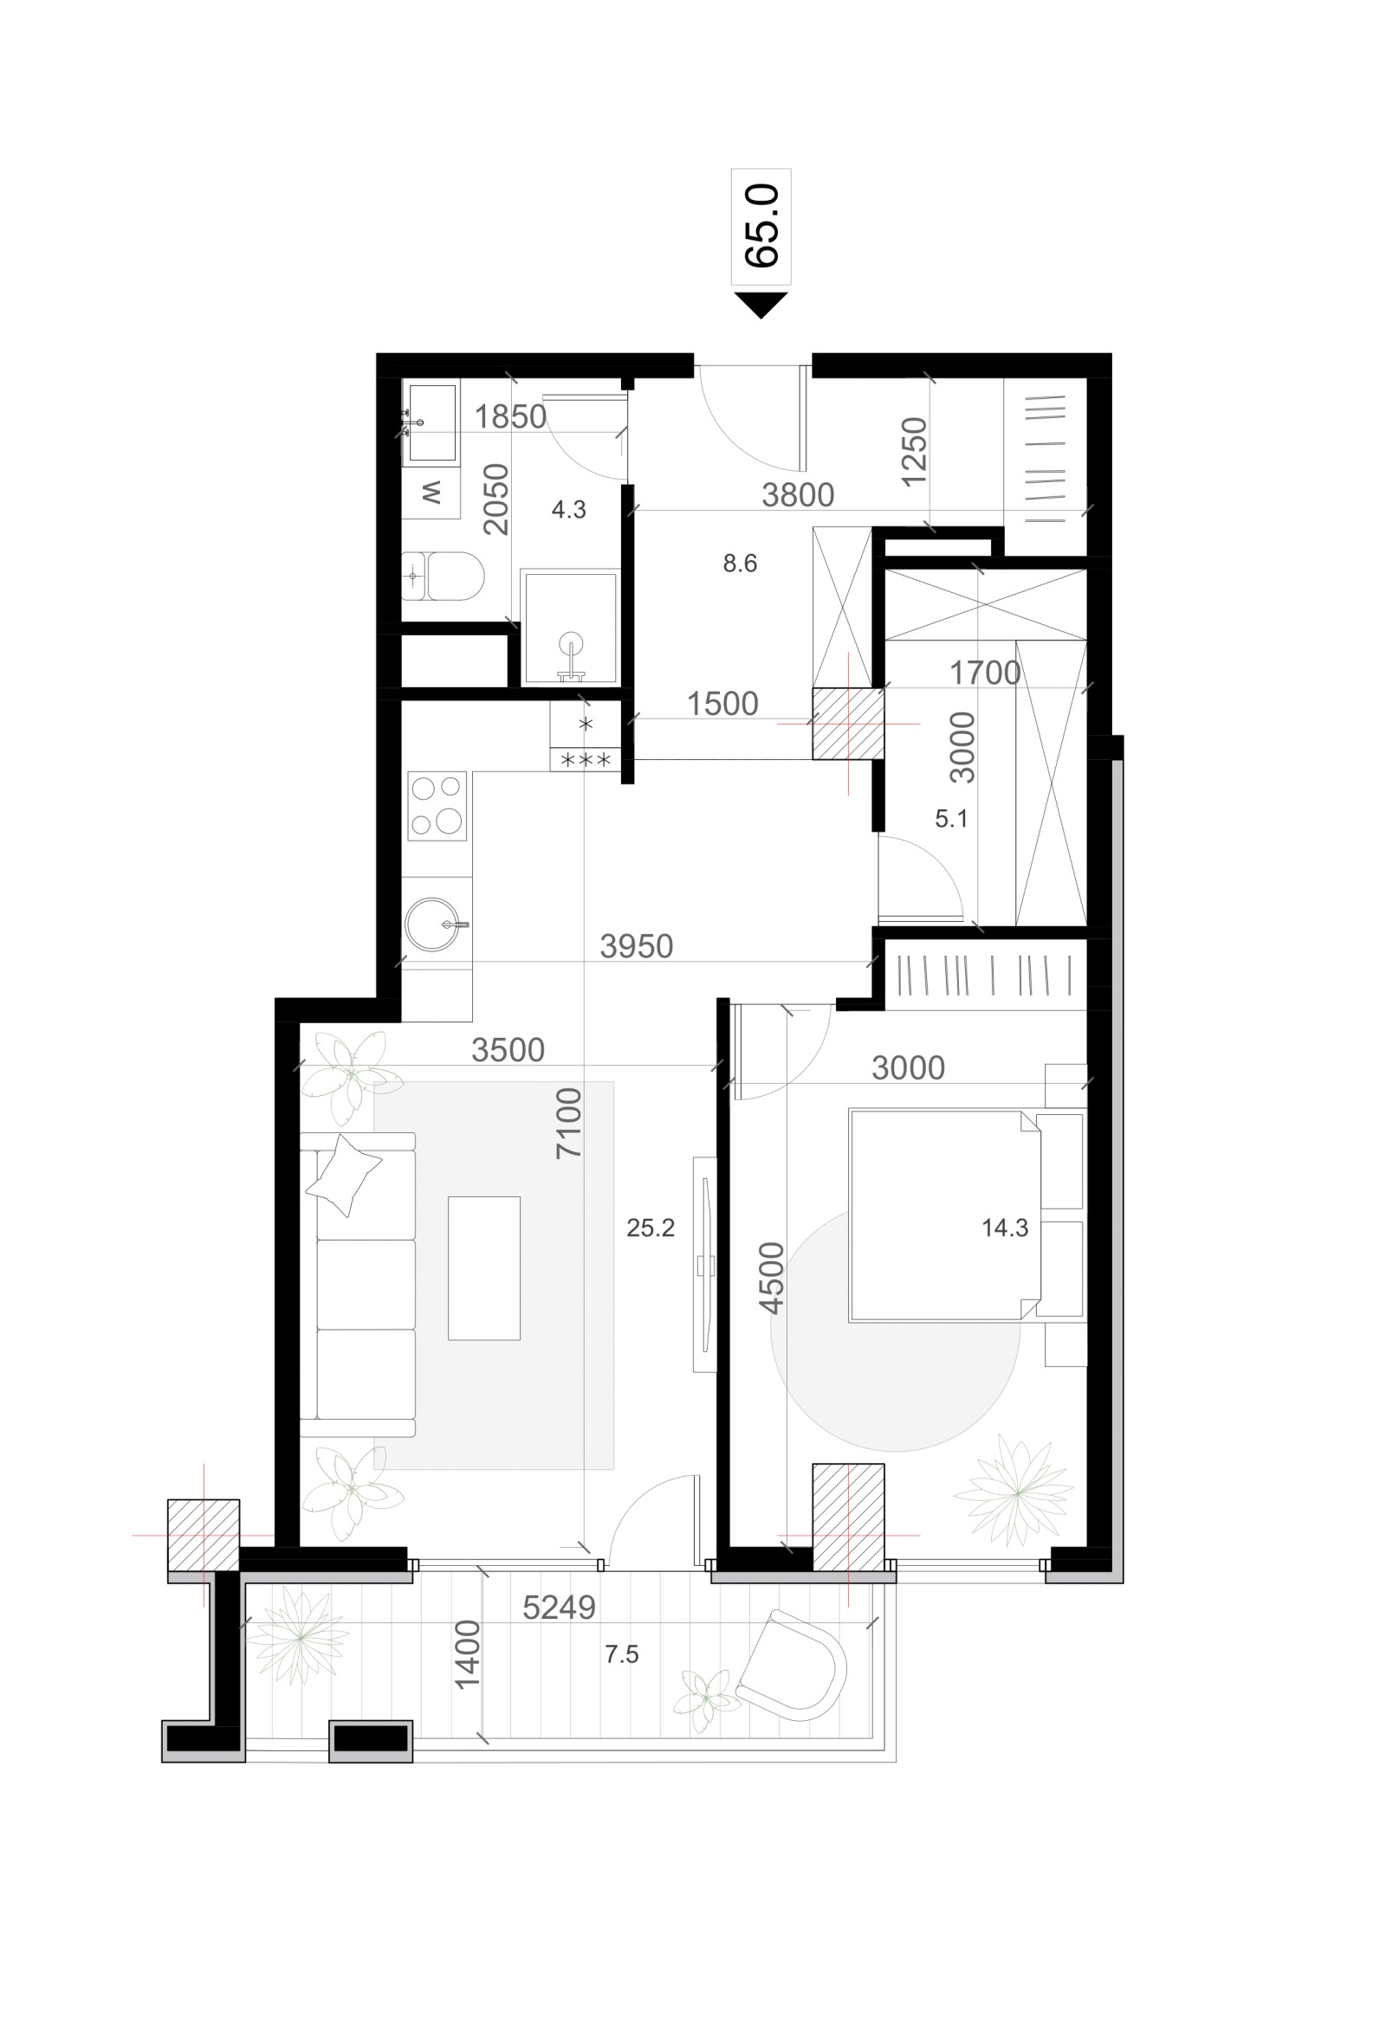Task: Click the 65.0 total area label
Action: tap(761, 225)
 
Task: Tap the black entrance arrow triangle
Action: tap(761, 304)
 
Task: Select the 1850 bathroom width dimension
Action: tap(510, 416)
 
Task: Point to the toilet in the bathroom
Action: tap(445, 575)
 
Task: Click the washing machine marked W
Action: tap(431, 493)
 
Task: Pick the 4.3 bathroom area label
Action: tap(568, 509)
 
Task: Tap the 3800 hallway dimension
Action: tap(798, 495)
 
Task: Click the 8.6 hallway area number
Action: tap(740, 563)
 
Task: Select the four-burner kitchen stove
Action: tap(437, 804)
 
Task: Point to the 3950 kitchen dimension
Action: tap(636, 946)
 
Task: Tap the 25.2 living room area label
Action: tap(650, 1228)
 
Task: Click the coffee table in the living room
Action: tap(483, 1267)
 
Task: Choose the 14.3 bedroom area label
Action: tap(1004, 1228)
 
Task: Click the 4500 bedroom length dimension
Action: tap(772, 1278)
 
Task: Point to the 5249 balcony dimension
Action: tap(559, 1607)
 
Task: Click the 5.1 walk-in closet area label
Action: tap(950, 818)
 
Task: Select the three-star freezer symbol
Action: tap(586, 759)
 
